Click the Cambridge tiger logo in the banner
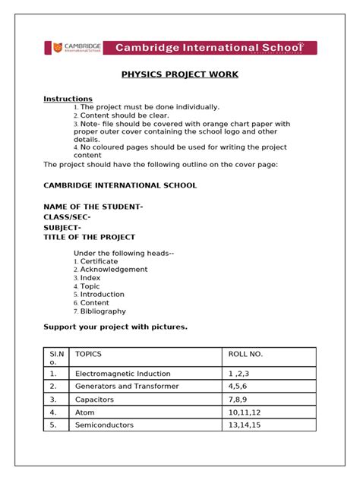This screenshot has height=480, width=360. (x=55, y=48)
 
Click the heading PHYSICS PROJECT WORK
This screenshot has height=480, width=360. (x=180, y=74)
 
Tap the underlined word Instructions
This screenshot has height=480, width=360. (x=68, y=99)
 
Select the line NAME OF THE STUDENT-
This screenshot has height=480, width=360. (x=93, y=207)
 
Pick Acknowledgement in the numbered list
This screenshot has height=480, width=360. (x=113, y=270)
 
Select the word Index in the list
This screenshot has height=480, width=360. (x=90, y=278)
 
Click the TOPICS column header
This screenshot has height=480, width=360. (x=88, y=354)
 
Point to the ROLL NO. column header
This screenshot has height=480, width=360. (x=245, y=354)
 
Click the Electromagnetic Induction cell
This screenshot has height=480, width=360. (x=122, y=374)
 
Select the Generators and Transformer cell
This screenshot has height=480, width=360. (x=127, y=386)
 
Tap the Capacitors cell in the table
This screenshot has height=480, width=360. (x=95, y=399)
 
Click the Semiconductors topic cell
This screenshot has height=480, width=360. (x=104, y=425)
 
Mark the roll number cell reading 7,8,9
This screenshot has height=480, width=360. (x=238, y=399)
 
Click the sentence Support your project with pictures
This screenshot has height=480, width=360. (x=115, y=327)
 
